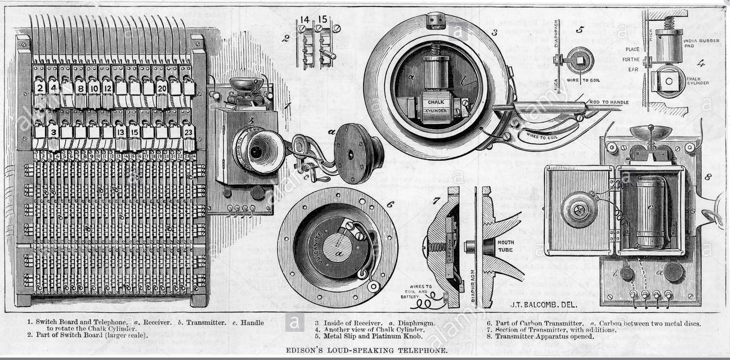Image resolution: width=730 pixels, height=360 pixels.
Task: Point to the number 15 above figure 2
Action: [x=322, y=19]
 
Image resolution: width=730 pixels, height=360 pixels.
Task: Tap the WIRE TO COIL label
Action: [x=587, y=80]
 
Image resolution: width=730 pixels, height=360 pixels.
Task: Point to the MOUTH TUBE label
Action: [x=505, y=246]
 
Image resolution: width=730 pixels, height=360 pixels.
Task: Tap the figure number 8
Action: [x=708, y=177]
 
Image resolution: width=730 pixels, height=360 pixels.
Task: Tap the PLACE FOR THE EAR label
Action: [x=632, y=59]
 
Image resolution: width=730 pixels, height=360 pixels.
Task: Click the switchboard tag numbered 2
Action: [x=39, y=88]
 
